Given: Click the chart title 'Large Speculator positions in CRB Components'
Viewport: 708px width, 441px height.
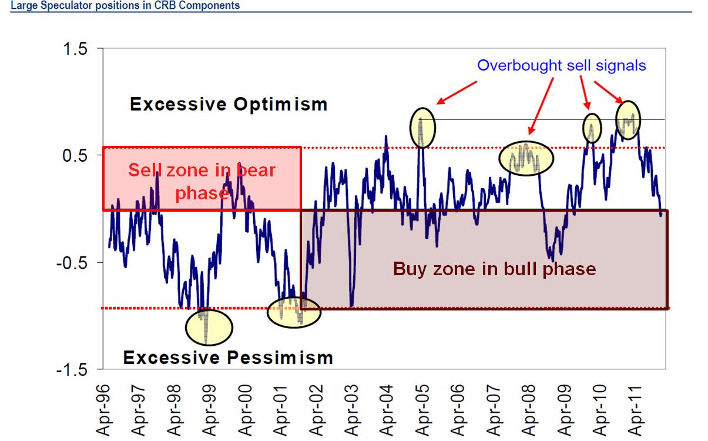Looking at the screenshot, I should point(120,5).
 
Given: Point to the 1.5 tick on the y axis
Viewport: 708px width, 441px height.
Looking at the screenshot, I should point(75,49).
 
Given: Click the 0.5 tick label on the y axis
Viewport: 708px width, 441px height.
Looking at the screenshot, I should point(75,156).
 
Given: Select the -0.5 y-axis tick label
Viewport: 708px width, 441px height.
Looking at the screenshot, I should point(72,263).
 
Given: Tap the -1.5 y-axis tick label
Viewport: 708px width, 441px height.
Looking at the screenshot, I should point(72,370).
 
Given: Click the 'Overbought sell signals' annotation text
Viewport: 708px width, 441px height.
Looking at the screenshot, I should point(561,65).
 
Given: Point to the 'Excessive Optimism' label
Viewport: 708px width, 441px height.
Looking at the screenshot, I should point(229,105).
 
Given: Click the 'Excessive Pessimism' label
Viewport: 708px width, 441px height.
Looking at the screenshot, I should point(227,357).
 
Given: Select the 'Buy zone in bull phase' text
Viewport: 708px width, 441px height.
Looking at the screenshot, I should point(494,269).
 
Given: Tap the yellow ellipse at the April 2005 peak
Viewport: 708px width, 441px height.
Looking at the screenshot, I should point(423,128).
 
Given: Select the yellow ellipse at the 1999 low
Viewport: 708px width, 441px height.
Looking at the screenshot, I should point(209,327).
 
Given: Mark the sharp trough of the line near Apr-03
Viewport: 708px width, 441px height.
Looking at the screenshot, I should point(351,305).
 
